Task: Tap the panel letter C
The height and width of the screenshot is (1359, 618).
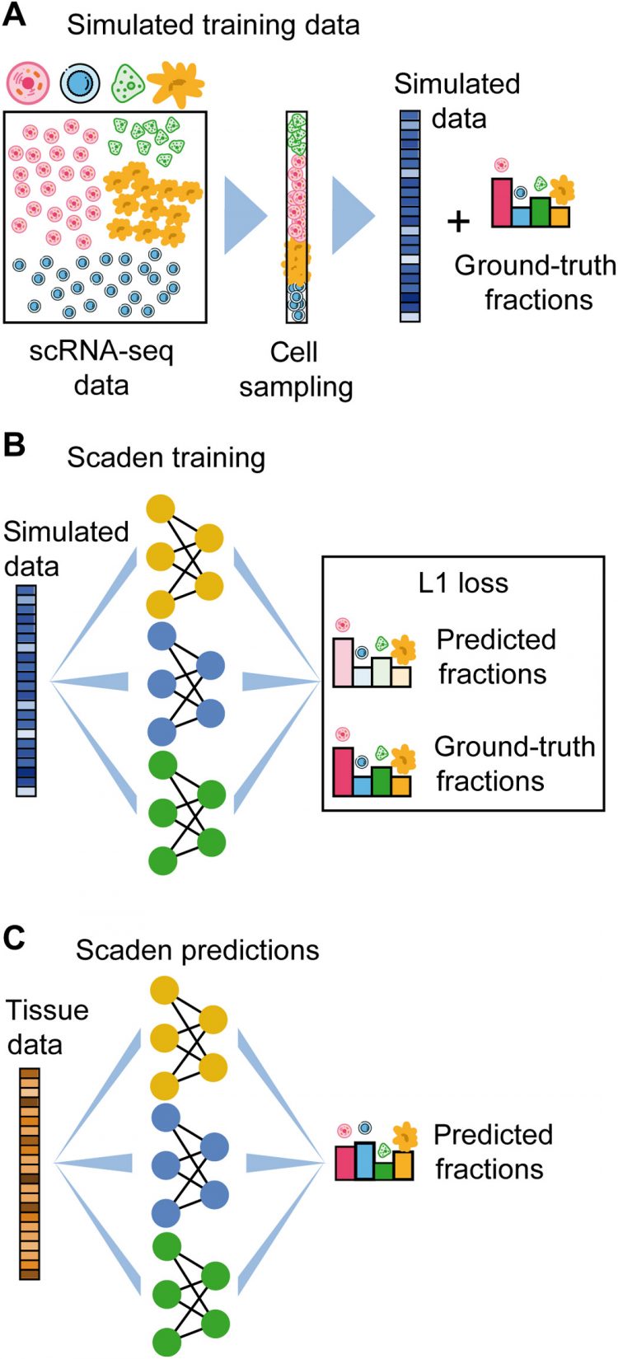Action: pos(16,940)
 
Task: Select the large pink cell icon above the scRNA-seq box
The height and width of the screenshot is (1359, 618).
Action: pos(28,82)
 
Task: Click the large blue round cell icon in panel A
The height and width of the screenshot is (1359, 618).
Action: pos(80,82)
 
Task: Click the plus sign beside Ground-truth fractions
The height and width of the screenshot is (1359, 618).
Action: pos(459,221)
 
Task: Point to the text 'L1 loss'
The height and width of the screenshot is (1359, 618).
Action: pos(462,583)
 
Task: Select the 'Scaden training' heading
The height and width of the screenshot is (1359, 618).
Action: pos(166,457)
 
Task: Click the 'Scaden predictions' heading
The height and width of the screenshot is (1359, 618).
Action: pos(197,949)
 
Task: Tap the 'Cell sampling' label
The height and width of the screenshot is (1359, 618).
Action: pos(296,369)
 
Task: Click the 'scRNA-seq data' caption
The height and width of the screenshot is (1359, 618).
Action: pos(102,368)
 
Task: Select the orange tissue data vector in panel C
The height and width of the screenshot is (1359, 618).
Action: pos(30,1173)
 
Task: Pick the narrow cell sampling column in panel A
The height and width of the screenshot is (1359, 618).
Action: pos(297,217)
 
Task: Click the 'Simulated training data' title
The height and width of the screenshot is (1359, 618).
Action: pos(213,25)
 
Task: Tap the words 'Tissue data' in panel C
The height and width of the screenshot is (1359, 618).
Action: pos(47,1027)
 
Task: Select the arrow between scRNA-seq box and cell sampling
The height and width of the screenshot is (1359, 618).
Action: pos(245,217)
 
